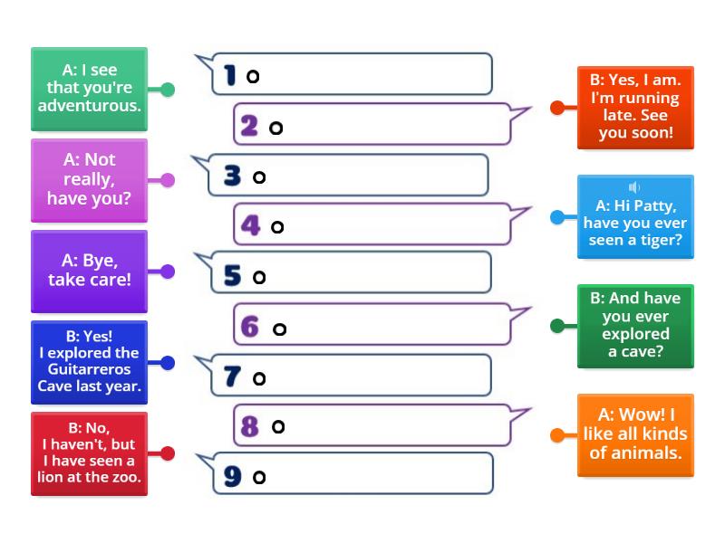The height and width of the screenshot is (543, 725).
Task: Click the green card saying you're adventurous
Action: pos(89,89)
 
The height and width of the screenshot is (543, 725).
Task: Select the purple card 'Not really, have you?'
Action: pos(89,179)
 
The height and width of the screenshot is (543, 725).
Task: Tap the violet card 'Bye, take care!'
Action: pos(89,270)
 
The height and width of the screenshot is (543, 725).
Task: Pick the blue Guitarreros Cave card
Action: pos(89,362)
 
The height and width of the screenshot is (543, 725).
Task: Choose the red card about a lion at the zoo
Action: pos(89,453)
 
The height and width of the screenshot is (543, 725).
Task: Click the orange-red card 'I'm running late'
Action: pos(635,107)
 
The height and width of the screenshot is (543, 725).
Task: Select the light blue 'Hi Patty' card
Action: pos(635,217)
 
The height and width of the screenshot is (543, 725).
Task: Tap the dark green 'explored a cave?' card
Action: pos(635,326)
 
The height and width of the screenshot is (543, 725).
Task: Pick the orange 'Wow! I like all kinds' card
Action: pos(635,435)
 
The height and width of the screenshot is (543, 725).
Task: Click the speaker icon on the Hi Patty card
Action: pos(634,187)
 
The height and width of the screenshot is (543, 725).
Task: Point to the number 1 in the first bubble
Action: pos(231,75)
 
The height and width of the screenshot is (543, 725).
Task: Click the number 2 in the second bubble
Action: pos(249,127)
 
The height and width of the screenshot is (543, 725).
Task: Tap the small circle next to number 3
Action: pos(259,177)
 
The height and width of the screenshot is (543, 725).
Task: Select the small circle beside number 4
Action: pos(277,227)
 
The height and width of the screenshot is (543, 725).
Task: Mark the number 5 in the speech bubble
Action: pos(233,276)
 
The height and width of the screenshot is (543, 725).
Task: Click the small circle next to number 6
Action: pos(279,329)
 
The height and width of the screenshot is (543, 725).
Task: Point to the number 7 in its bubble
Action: pos(233,377)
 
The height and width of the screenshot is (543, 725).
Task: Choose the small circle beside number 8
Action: pos(278,426)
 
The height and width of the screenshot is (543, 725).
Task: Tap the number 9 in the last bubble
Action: pos(233,476)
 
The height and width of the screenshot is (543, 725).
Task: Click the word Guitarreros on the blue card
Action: pos(89,369)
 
